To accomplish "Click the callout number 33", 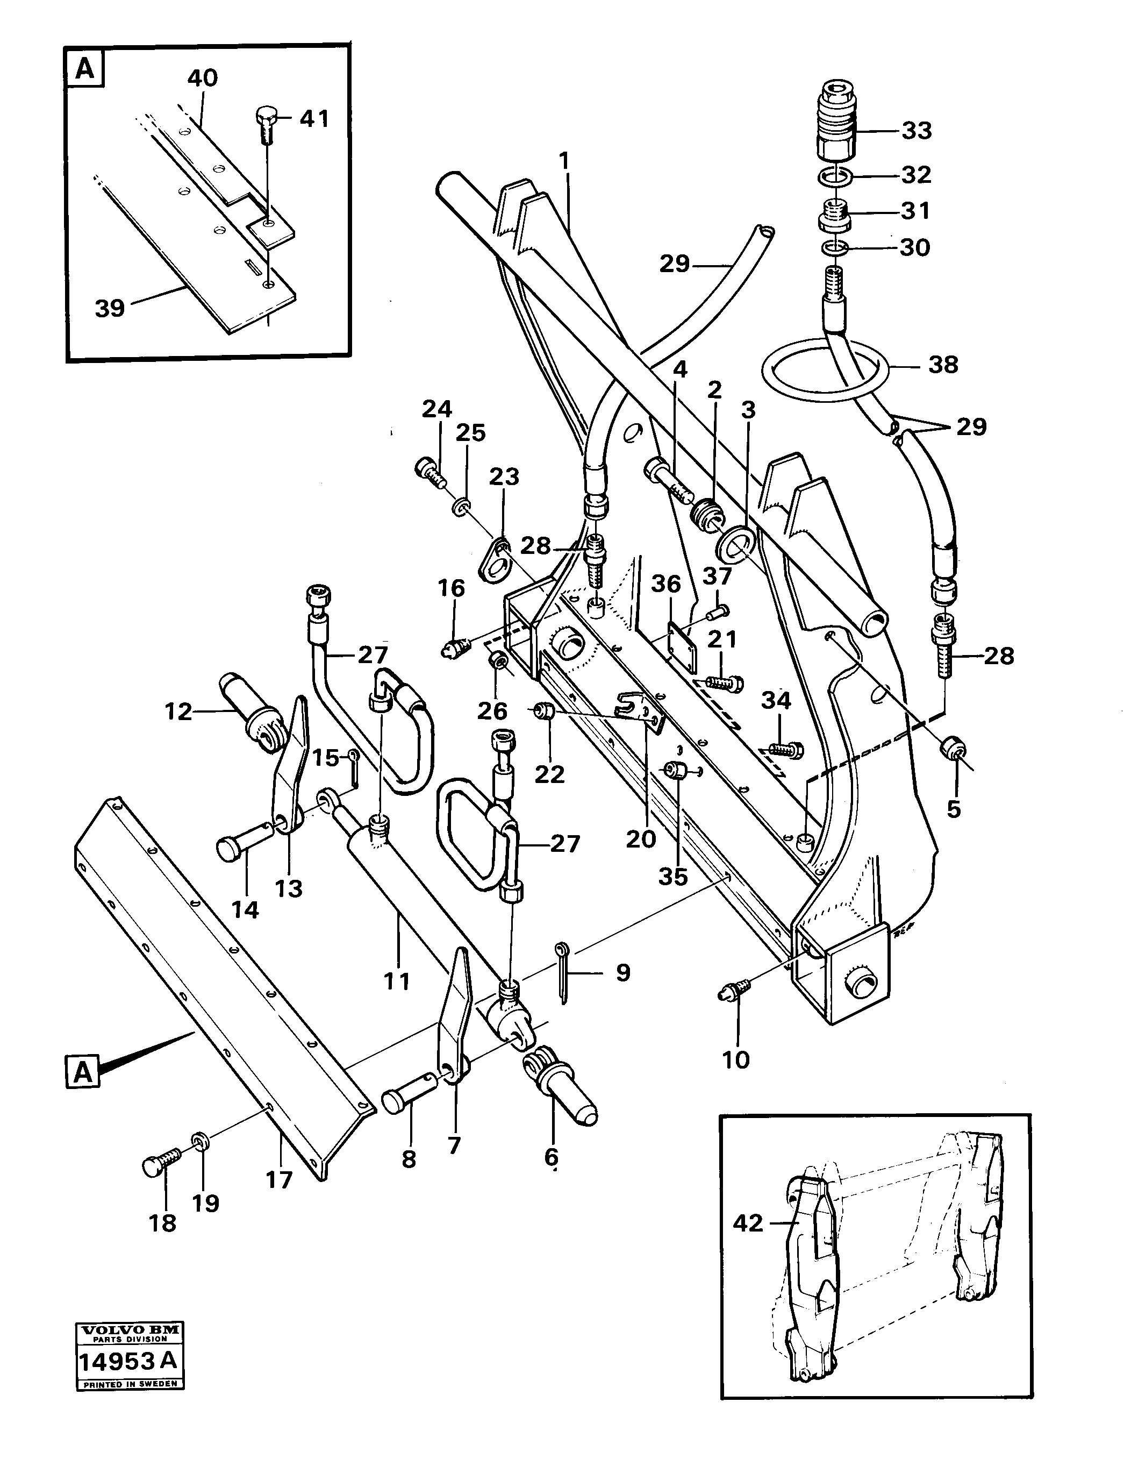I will point(916,131).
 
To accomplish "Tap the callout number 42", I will point(747,1223).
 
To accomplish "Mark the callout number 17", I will point(280,1180).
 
